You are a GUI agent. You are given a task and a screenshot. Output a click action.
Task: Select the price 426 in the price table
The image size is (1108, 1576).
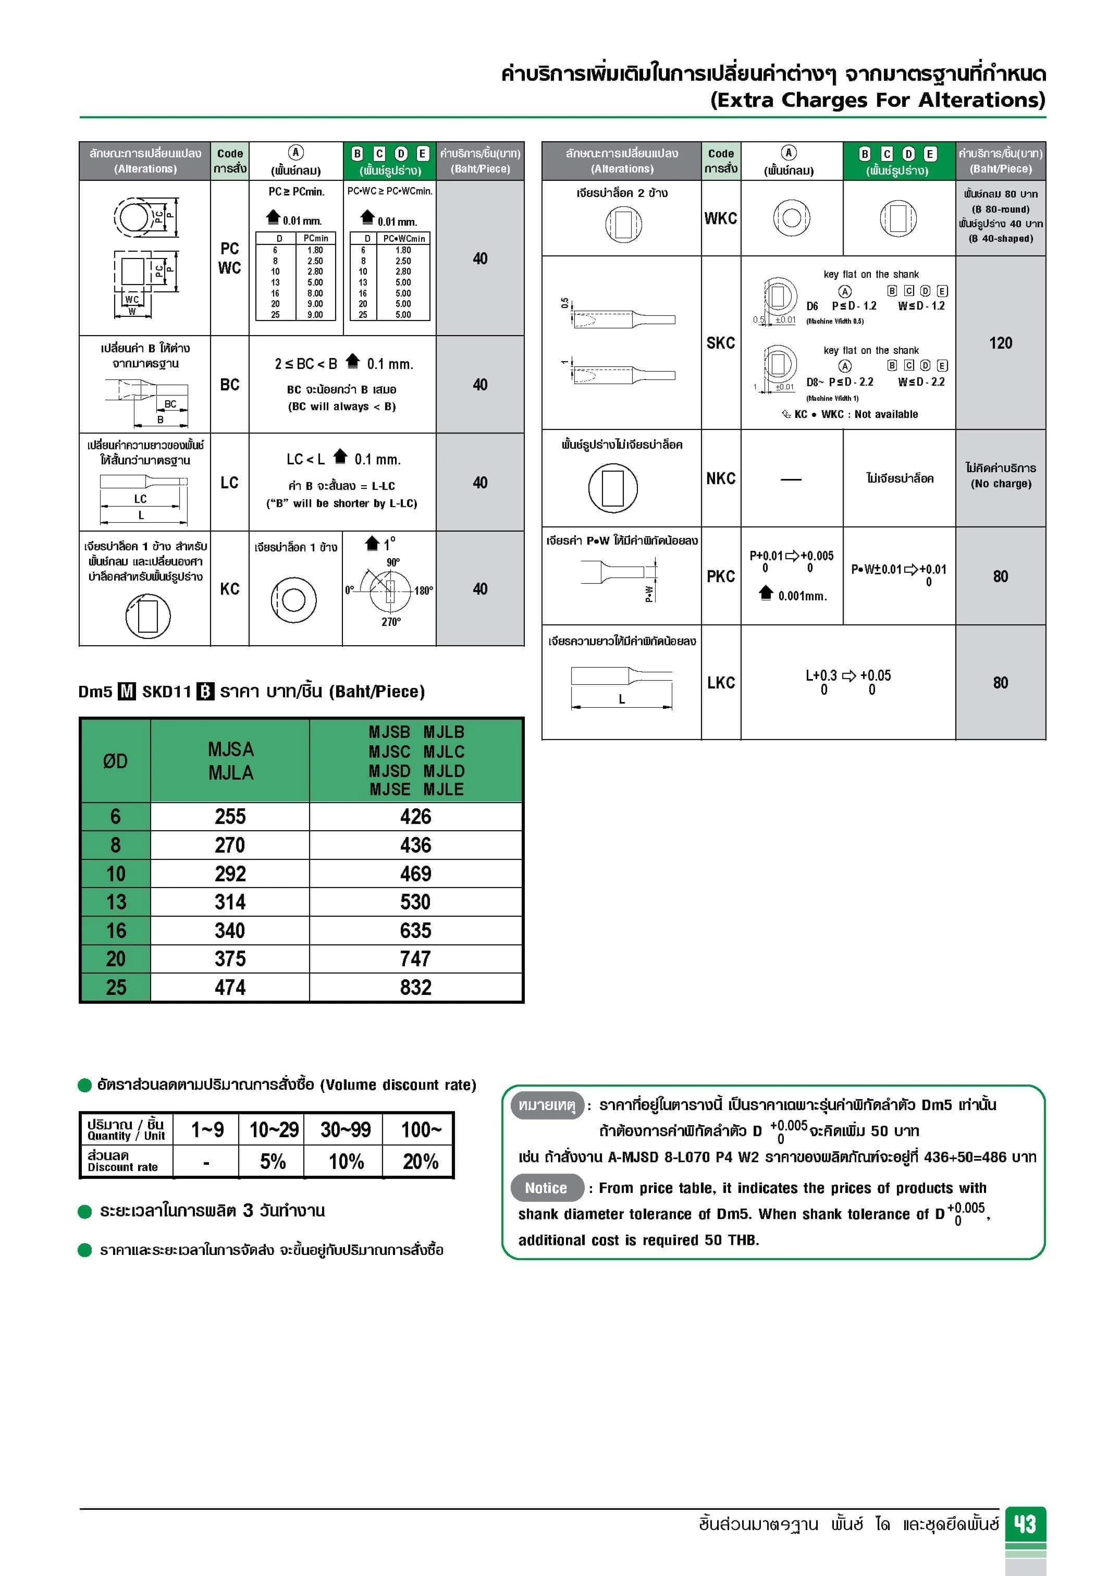415,817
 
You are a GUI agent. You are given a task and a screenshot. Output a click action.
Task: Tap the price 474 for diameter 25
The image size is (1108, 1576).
230,988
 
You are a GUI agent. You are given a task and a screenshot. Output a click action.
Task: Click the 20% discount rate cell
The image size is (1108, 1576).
420,1161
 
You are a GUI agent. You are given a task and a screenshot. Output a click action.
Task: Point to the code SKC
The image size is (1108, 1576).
721,343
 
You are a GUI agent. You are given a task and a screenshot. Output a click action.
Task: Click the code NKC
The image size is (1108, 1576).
721,478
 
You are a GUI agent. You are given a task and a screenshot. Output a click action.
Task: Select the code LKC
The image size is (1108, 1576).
721,683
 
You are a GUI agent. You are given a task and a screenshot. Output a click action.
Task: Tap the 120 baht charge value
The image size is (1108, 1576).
1000,343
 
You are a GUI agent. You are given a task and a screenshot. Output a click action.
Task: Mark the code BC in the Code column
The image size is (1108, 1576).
230,385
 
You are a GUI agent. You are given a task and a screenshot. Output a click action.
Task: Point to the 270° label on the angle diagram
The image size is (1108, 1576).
391,622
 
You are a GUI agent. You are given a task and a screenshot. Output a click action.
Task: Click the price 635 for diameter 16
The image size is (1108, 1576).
415,931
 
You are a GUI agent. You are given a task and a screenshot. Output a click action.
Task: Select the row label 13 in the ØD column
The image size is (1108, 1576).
115,902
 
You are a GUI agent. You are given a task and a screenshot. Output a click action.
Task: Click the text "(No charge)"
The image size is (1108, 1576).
1000,484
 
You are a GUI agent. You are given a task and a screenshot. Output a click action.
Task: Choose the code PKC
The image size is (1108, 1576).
721,576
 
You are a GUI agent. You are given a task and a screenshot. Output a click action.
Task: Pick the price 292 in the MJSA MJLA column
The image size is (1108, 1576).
230,874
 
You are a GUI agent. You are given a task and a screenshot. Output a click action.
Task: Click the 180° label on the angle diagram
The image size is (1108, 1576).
424,591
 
